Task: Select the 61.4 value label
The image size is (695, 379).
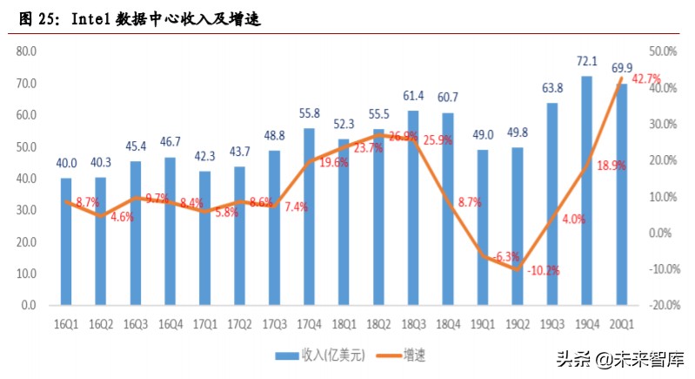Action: [413, 95]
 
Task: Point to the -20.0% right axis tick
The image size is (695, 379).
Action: [663, 305]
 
